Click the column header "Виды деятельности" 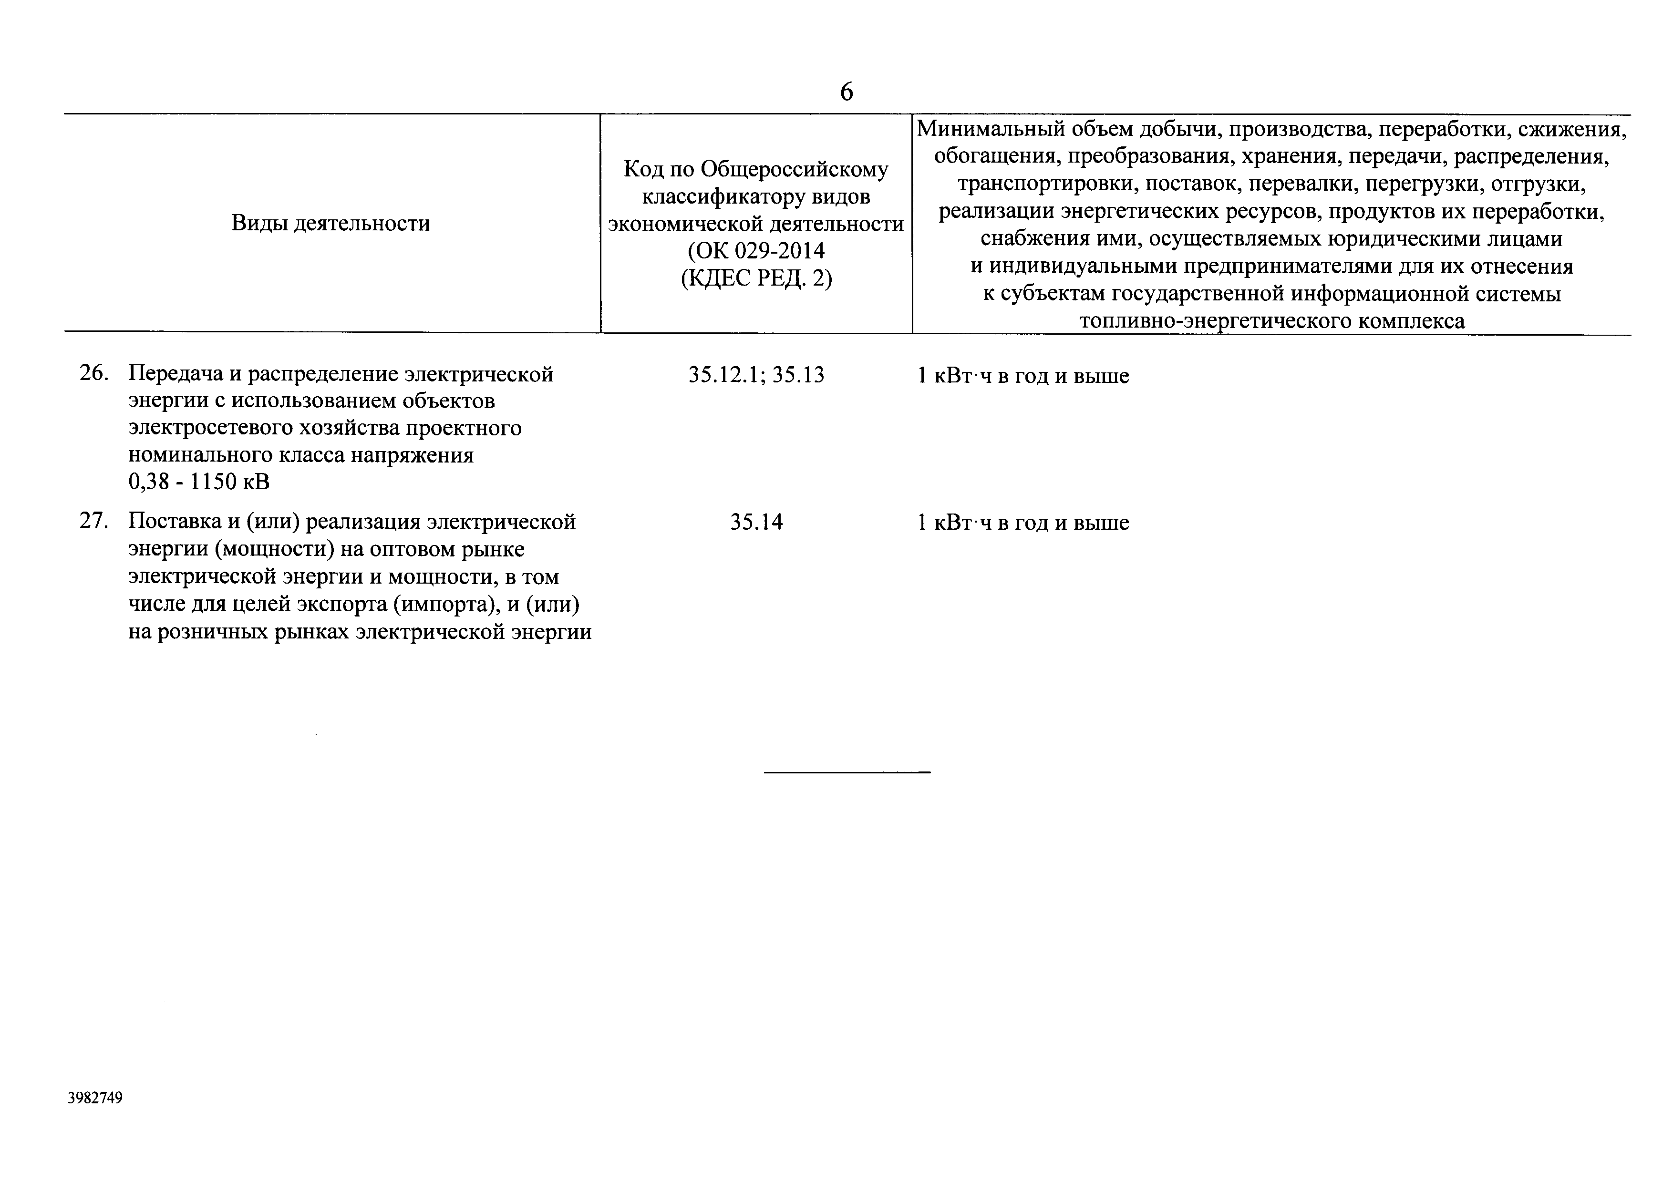[331, 223]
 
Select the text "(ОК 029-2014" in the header [756, 251]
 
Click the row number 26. [93, 374]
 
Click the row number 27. [93, 522]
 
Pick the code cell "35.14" [756, 522]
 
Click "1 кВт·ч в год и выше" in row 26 [1023, 376]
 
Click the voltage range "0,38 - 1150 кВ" [199, 482]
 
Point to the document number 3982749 [95, 1098]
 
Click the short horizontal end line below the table [847, 771]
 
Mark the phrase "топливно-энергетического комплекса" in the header [1271, 321]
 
